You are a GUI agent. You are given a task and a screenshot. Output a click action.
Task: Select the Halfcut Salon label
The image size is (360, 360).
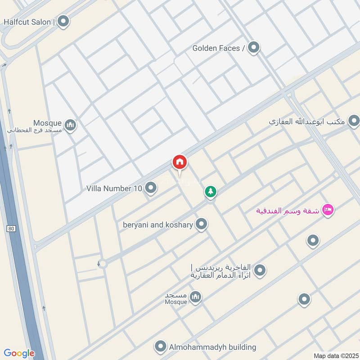(x=29, y=21)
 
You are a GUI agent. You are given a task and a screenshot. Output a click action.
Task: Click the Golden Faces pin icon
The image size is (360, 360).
(x=254, y=47)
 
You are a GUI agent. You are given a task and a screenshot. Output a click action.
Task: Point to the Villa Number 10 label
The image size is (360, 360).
(x=114, y=188)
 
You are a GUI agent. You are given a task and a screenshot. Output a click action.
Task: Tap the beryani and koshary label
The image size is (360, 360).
(x=158, y=224)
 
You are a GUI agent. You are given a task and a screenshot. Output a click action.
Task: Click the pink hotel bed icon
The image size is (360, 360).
(x=328, y=210)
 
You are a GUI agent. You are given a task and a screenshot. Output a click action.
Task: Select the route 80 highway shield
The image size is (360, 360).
(x=11, y=229)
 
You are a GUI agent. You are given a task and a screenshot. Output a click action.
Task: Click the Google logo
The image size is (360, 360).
(x=19, y=353)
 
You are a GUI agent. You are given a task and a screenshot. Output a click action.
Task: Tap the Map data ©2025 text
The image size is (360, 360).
(x=335, y=355)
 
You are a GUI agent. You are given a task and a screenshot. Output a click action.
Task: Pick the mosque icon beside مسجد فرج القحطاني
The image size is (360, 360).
(x=70, y=125)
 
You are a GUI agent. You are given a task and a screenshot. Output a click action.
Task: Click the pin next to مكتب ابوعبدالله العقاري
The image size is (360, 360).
(x=354, y=121)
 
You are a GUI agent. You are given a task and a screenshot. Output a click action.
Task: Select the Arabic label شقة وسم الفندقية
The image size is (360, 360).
(x=288, y=210)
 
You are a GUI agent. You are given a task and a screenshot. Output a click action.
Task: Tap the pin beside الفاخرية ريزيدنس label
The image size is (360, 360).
(x=259, y=270)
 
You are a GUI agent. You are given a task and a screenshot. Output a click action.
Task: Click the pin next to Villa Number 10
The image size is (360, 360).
(x=151, y=188)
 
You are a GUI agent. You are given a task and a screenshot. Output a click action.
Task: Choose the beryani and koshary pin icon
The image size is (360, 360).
(x=201, y=224)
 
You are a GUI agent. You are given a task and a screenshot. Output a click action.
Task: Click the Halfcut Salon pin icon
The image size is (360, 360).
(x=63, y=21)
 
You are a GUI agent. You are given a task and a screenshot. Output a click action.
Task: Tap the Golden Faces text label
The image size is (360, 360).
(x=218, y=48)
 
